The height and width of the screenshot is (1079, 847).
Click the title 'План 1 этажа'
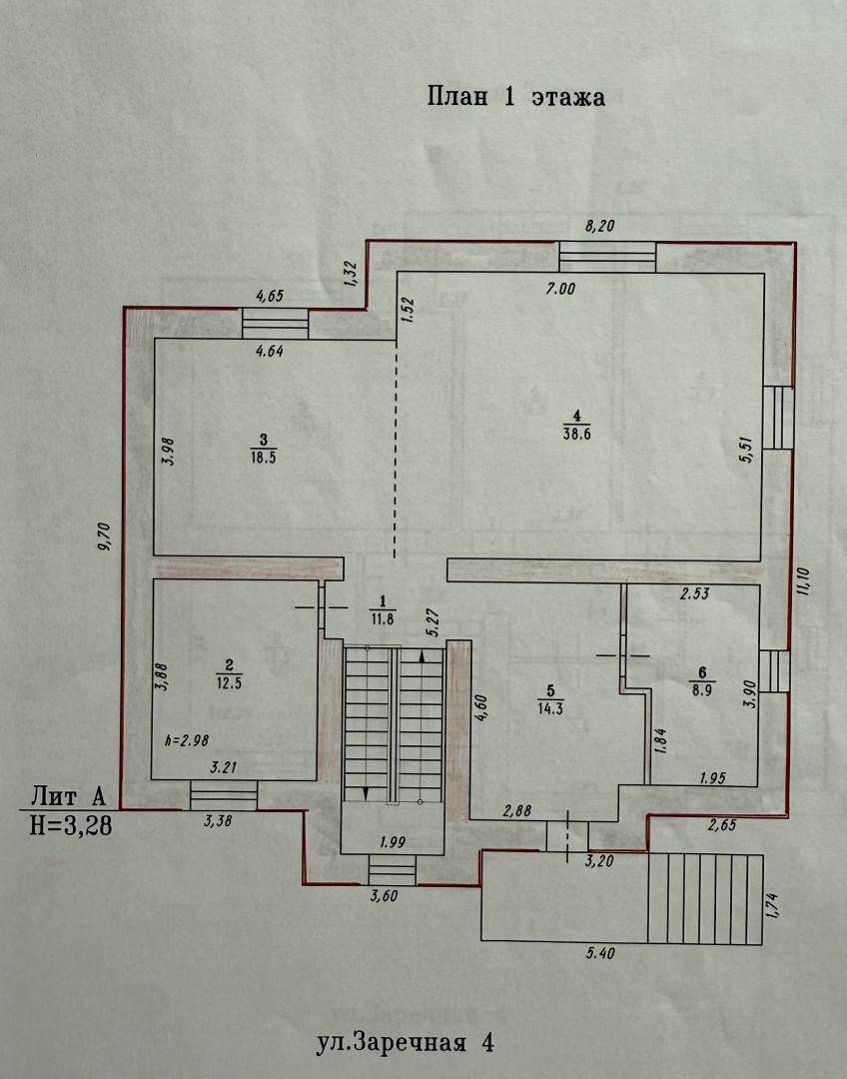click(516, 96)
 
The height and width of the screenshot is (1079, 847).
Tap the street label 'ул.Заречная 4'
click(406, 1042)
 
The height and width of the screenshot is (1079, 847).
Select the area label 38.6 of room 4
click(576, 434)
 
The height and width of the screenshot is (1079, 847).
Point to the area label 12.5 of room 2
click(229, 683)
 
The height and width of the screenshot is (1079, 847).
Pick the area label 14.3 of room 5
click(550, 709)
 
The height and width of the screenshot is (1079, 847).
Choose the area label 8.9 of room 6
click(702, 691)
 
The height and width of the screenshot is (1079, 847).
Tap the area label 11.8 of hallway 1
click(382, 618)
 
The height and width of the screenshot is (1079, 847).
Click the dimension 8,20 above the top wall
click(599, 226)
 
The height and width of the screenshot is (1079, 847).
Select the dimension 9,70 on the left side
click(104, 537)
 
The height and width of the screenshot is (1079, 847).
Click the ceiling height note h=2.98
click(187, 740)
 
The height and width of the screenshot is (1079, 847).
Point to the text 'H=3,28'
click(71, 825)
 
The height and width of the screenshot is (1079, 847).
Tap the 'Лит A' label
click(68, 796)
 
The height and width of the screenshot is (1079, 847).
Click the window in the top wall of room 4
click(607, 257)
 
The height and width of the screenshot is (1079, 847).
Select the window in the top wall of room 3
click(276, 324)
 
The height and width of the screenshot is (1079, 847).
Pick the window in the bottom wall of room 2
click(224, 795)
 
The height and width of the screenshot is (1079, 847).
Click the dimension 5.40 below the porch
click(600, 953)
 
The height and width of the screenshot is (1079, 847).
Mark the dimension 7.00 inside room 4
click(560, 289)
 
